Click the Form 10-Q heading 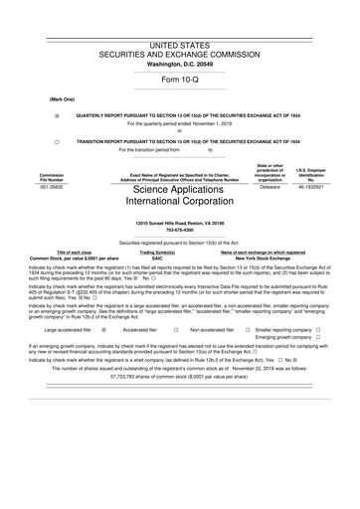pyautogui.click(x=180, y=79)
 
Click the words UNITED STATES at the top pyautogui.click(x=180, y=47)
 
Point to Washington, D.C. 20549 pyautogui.click(x=180, y=65)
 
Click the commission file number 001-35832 pyautogui.click(x=52, y=186)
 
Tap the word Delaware pyautogui.click(x=269, y=186)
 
